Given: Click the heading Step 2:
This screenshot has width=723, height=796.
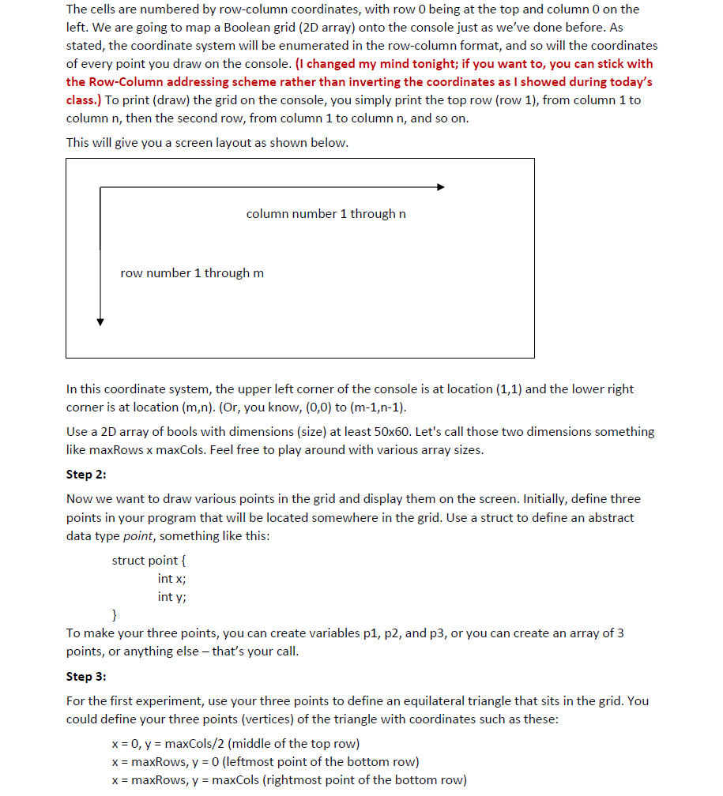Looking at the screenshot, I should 86,474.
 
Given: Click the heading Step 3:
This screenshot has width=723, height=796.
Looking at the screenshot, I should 86,676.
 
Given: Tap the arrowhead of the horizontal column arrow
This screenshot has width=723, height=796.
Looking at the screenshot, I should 441,187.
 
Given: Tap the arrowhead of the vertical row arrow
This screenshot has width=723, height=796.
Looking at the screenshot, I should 100,321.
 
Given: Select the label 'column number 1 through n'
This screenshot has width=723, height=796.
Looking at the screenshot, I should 326,214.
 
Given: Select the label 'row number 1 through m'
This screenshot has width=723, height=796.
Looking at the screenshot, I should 192,273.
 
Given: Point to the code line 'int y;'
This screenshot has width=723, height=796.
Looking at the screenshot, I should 171,597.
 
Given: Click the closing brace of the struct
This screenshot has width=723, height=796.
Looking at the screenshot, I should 115,615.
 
